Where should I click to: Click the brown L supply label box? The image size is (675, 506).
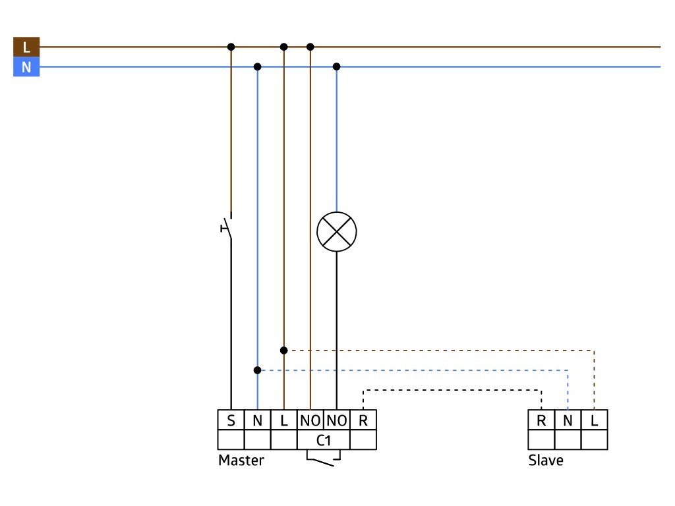pyautogui.click(x=26, y=47)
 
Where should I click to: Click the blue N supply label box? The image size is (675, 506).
pyautogui.click(x=26, y=67)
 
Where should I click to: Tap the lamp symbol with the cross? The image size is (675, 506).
pyautogui.click(x=337, y=231)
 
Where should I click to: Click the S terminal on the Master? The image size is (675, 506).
pyautogui.click(x=231, y=420)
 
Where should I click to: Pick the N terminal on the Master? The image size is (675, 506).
pyautogui.click(x=258, y=420)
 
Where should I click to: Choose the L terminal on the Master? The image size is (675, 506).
pyautogui.click(x=283, y=420)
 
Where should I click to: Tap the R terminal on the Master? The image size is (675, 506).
pyautogui.click(x=363, y=420)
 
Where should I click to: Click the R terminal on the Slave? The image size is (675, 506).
pyautogui.click(x=542, y=420)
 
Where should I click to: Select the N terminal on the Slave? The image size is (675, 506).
pyautogui.click(x=568, y=420)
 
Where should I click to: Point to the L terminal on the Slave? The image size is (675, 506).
pyautogui.click(x=595, y=420)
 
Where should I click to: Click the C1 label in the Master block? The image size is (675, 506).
pyautogui.click(x=324, y=440)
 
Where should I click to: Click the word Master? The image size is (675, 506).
pyautogui.click(x=241, y=461)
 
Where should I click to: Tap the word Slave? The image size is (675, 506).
pyautogui.click(x=546, y=461)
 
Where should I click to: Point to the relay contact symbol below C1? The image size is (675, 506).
pyautogui.click(x=323, y=458)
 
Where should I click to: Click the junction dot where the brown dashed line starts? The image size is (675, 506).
pyautogui.click(x=283, y=351)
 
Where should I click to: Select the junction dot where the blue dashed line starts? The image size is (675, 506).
pyautogui.click(x=258, y=370)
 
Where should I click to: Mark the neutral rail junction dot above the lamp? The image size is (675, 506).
pyautogui.click(x=337, y=67)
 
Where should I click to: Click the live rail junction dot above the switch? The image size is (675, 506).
pyautogui.click(x=231, y=47)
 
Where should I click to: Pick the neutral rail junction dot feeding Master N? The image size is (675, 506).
pyautogui.click(x=258, y=67)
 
